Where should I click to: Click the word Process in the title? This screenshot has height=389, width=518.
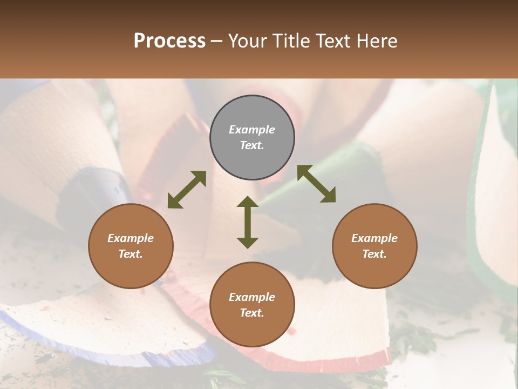[x=169, y=41]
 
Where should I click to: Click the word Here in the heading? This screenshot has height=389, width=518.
[x=376, y=41]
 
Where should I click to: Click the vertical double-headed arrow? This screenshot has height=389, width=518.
[x=248, y=223]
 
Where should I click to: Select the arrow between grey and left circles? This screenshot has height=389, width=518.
[x=187, y=190]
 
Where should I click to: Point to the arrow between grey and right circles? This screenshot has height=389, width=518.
[x=316, y=184]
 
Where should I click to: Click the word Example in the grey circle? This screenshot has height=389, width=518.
[x=252, y=130]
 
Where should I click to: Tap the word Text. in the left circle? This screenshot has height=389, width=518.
[x=131, y=254]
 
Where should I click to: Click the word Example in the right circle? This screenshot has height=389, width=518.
[x=374, y=238]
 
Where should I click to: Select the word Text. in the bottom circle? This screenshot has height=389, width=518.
[x=252, y=313]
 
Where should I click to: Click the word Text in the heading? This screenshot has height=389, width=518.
[x=332, y=41]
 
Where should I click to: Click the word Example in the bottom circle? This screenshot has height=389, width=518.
[x=252, y=297]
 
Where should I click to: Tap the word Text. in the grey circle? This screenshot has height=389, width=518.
[x=252, y=145]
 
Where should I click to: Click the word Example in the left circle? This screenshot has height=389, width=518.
[x=131, y=238]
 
